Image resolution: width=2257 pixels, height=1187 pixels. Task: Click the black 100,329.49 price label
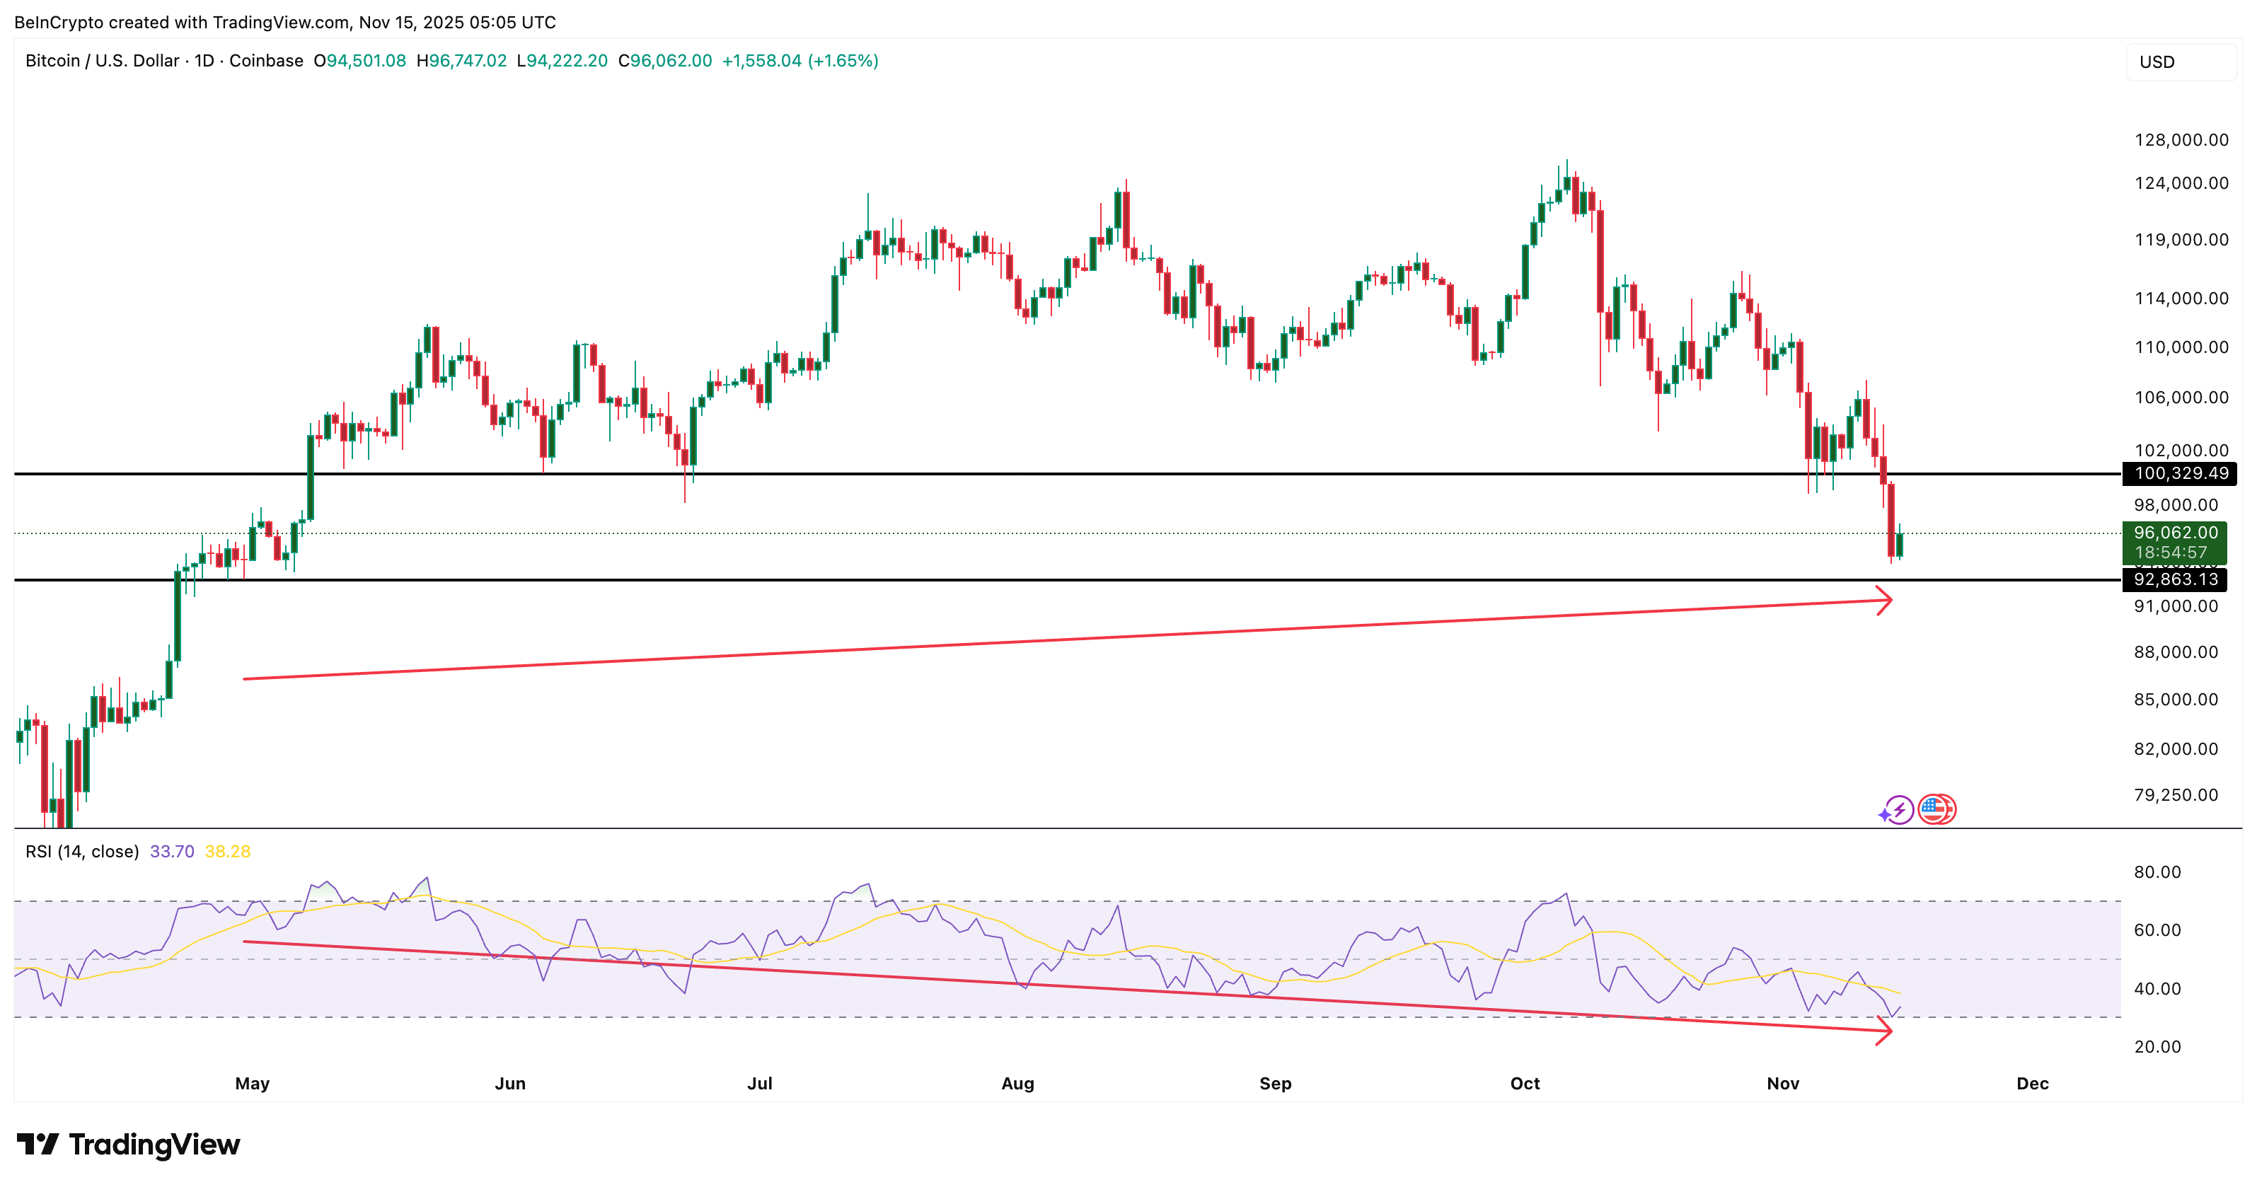[2181, 474]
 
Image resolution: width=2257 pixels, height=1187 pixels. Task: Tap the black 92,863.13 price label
[2176, 579]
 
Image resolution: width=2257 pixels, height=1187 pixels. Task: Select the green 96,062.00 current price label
[2175, 533]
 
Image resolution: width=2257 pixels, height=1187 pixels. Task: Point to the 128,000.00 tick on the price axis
[2181, 140]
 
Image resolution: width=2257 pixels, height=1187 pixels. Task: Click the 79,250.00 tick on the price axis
[2176, 794]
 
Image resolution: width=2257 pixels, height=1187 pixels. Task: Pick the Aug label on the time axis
[1017, 1084]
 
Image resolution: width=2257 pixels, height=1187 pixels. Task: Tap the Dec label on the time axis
[2032, 1084]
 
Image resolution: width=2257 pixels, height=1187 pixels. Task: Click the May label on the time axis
[253, 1084]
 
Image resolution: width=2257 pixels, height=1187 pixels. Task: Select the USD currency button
[2157, 62]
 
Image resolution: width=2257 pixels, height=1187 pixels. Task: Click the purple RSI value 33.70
[172, 852]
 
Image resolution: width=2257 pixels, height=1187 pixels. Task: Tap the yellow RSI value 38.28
[228, 852]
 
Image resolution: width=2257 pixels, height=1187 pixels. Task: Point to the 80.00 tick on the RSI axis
[2157, 872]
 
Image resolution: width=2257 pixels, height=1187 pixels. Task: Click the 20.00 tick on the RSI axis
[2157, 1047]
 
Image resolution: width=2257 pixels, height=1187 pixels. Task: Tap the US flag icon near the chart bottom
[1936, 809]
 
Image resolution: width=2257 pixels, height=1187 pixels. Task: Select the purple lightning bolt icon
[1898, 809]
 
